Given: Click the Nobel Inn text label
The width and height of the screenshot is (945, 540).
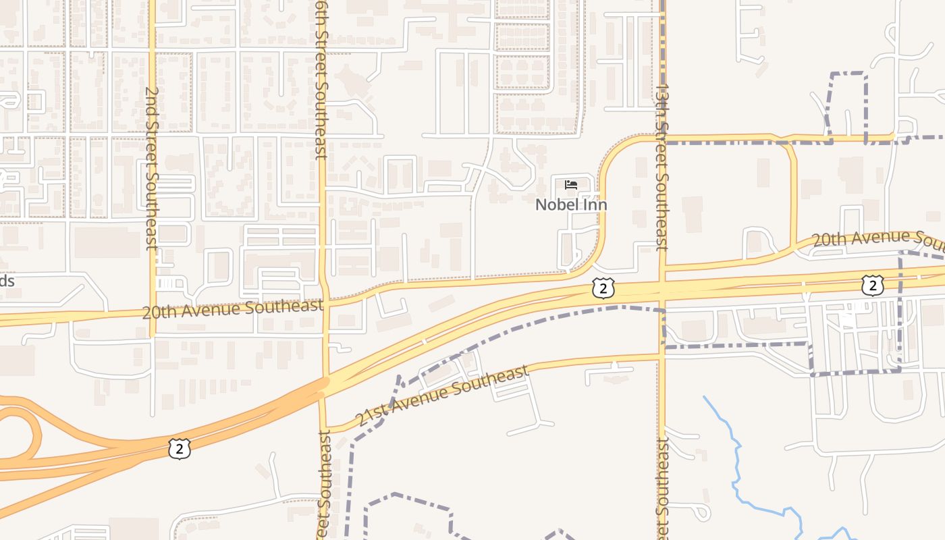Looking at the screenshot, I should [571, 205].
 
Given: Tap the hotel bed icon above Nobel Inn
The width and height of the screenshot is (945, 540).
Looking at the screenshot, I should [571, 185].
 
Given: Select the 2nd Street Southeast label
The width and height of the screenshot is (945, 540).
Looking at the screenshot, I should [152, 168].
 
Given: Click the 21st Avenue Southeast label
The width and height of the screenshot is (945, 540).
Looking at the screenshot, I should [441, 396].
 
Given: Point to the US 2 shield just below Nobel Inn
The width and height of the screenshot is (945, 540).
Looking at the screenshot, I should [603, 288].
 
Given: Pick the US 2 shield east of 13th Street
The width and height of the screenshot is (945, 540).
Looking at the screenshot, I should [872, 286].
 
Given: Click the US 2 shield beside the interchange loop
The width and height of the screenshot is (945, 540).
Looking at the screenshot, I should [179, 448].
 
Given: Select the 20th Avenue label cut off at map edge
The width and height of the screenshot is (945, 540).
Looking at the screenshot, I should [878, 238].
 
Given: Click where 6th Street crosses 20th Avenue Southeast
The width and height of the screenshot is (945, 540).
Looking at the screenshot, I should [325, 304].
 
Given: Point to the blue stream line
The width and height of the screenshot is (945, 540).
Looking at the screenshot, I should [736, 466].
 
